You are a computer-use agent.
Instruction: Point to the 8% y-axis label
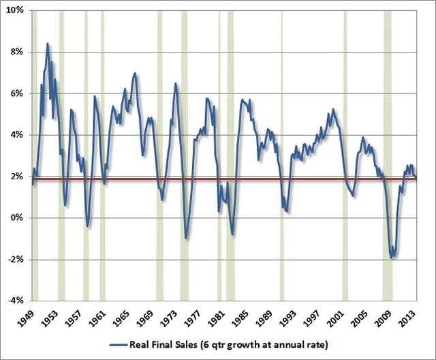[16, 52]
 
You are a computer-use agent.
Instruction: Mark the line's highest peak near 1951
[47, 44]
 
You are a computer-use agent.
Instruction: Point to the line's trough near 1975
[186, 238]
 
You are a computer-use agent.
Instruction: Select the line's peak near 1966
[135, 73]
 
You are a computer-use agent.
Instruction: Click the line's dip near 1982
[232, 235]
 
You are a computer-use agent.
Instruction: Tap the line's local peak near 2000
[333, 109]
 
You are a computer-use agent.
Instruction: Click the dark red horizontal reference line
[225, 179]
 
